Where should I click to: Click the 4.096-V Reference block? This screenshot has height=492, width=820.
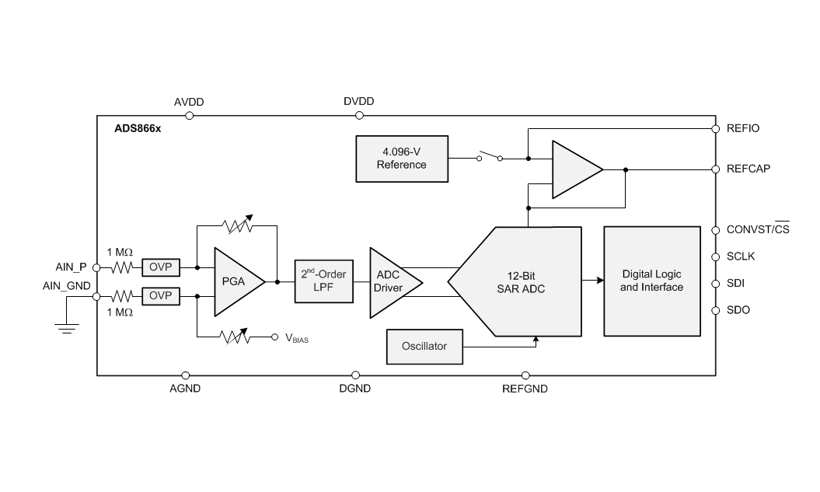click(x=401, y=159)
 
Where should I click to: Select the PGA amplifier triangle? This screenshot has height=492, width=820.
click(x=234, y=281)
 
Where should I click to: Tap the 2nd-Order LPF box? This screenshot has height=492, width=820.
click(x=324, y=281)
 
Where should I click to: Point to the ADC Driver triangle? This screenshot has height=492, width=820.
click(x=389, y=281)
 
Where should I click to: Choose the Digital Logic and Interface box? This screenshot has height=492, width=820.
click(x=651, y=281)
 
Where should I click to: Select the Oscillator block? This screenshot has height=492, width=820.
click(x=424, y=346)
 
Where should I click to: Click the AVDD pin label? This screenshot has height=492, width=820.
click(x=189, y=102)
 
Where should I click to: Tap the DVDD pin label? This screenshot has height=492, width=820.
click(x=358, y=102)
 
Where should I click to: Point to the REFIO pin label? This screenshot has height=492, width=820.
click(x=743, y=128)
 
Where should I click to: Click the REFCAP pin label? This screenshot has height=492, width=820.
click(x=748, y=169)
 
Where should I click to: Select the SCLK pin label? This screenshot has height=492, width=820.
click(x=741, y=256)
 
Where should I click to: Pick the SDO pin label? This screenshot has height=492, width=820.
click(x=738, y=310)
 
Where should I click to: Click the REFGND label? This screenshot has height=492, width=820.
click(x=525, y=388)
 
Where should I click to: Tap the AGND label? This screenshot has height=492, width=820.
click(x=185, y=388)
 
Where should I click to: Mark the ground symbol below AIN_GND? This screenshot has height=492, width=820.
click(x=68, y=329)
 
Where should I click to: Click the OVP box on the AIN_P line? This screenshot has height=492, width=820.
click(x=160, y=267)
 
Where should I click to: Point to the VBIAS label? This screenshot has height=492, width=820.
click(x=297, y=338)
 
